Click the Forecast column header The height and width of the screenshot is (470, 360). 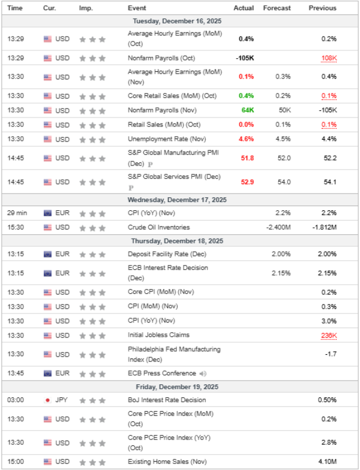277,8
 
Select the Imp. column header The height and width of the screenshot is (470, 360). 85,8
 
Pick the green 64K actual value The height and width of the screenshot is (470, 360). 248,110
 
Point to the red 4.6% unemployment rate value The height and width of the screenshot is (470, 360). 246,139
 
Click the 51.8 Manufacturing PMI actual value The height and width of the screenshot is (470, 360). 246,158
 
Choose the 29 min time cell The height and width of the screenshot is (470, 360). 16,213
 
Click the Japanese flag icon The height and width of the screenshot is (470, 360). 47,400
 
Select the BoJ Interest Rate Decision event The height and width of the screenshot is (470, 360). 166,400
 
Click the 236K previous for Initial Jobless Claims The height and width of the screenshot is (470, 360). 329,336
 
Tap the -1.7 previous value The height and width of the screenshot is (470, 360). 331,355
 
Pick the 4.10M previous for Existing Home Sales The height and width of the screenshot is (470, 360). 326,462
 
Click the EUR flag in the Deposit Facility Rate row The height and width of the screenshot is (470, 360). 47,254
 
